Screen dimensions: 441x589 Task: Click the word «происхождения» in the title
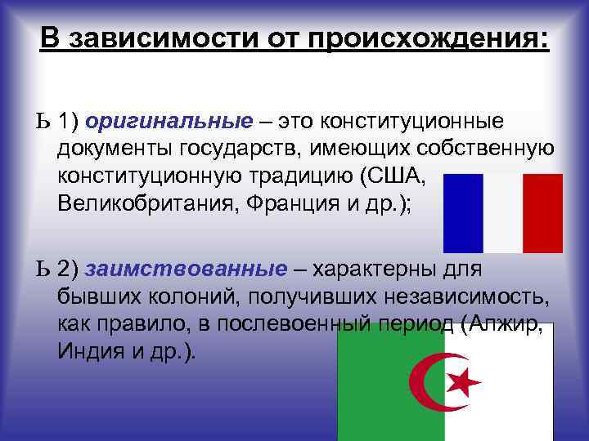440,39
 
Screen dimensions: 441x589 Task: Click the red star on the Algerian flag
465,380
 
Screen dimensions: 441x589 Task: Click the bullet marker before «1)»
42,122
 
